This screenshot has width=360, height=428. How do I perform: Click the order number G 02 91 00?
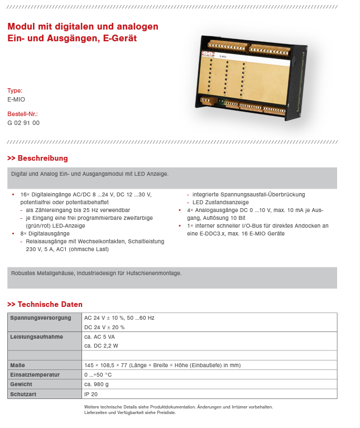click(23, 123)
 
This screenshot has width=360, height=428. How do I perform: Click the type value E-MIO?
click(16, 99)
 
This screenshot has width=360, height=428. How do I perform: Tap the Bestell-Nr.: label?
click(22, 114)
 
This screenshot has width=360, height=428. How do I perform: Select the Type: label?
click(15, 90)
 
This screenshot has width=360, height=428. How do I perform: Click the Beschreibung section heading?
click(42, 158)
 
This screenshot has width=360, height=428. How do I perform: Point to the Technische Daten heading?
click(50, 305)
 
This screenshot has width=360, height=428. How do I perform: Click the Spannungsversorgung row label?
click(40, 318)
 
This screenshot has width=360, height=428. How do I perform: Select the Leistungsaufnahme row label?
click(37, 337)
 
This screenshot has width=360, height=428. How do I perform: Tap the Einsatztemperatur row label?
click(35, 375)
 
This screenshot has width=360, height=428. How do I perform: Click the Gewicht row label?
click(21, 384)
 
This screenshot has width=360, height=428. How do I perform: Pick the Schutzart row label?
click(23, 394)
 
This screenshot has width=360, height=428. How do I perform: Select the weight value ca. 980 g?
click(97, 384)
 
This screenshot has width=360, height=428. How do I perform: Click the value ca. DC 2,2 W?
click(101, 346)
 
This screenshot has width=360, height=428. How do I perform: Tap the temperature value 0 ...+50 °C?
click(98, 375)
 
